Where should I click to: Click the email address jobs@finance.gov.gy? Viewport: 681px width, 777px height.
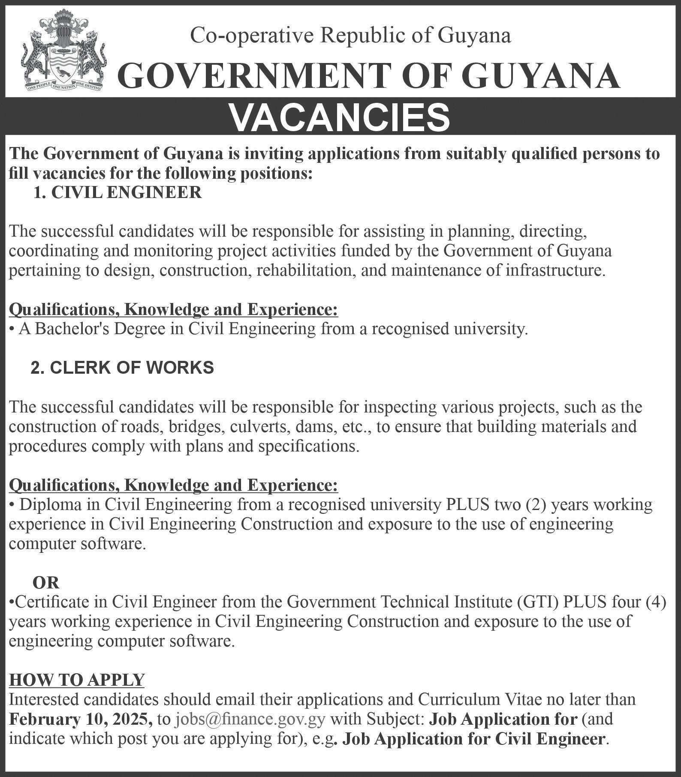point(250,719)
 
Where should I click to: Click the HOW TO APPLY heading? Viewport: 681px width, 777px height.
point(77,679)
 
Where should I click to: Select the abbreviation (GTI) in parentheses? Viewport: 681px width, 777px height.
point(538,603)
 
